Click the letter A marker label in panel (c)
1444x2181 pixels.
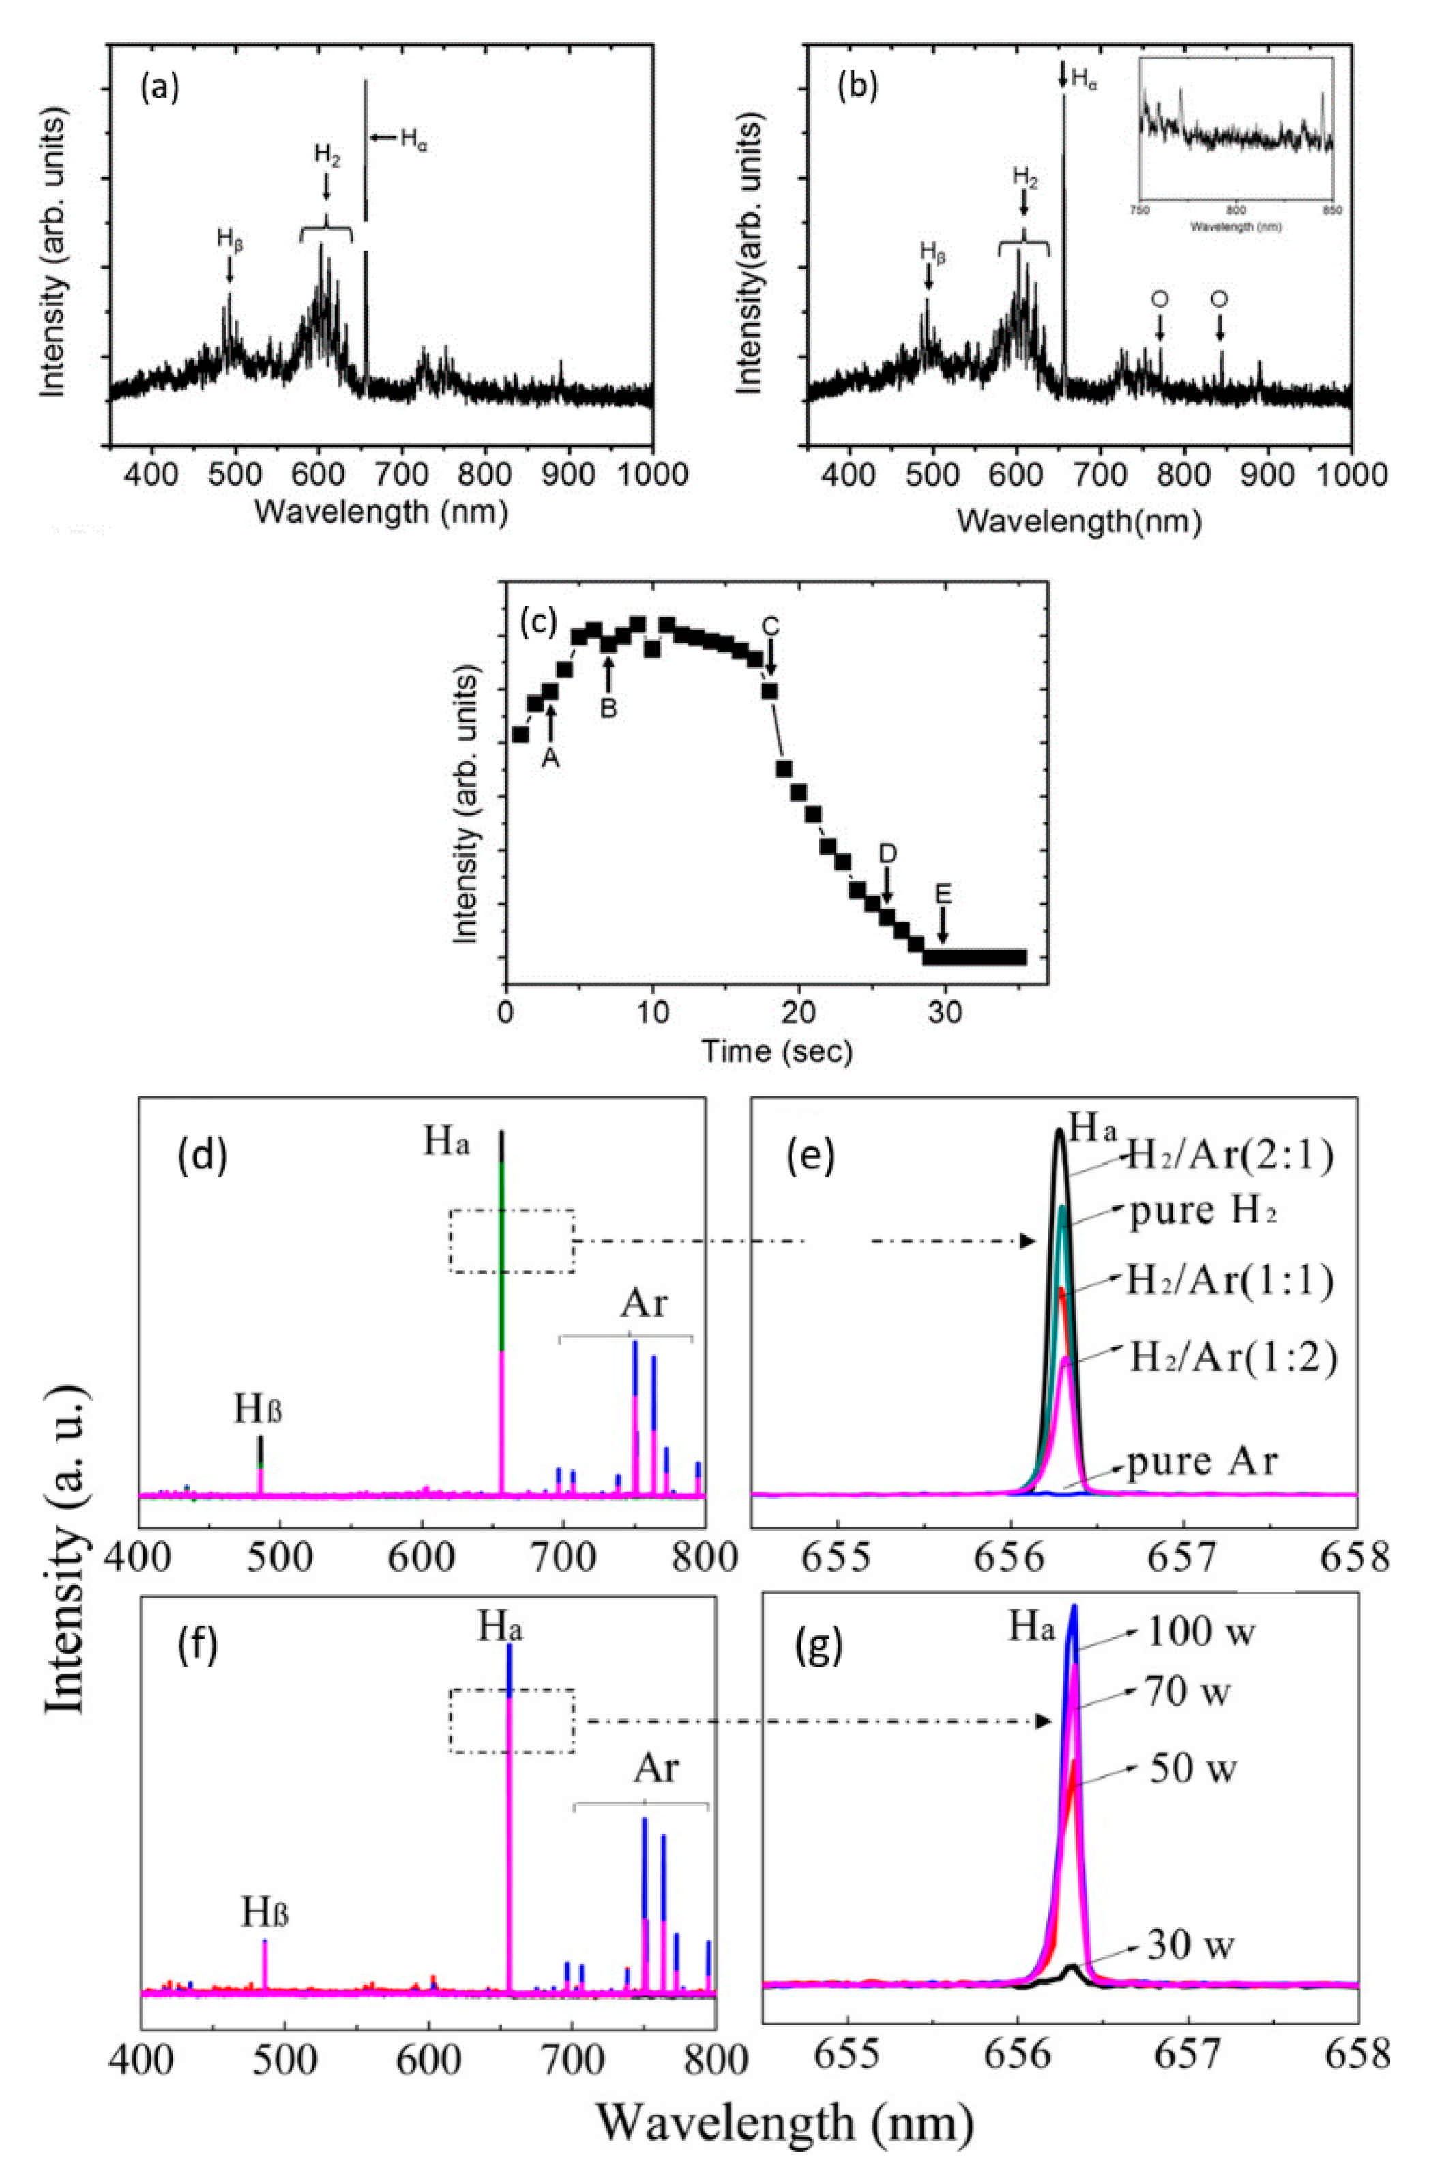click(550, 757)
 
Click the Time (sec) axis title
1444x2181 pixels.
click(776, 1050)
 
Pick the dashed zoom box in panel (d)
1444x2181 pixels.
click(512, 1241)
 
